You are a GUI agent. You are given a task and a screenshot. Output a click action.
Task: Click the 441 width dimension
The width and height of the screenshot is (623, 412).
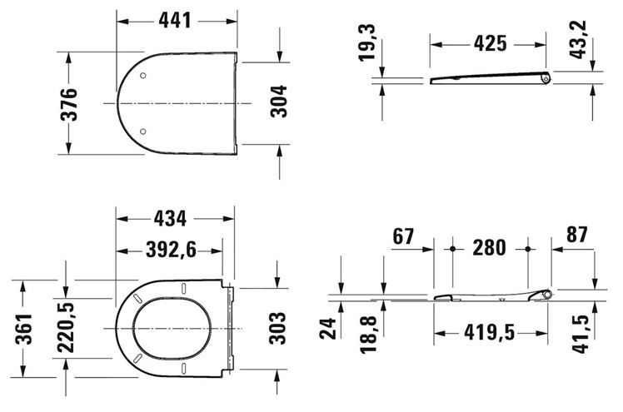[175, 20]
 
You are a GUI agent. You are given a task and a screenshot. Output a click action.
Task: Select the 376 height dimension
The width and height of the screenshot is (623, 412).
[69, 104]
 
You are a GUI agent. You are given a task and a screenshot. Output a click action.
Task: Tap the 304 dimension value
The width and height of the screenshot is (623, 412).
[278, 102]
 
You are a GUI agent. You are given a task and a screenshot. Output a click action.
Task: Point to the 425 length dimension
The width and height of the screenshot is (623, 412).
[491, 43]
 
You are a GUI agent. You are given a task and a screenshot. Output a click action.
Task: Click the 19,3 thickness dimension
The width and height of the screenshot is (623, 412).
[366, 42]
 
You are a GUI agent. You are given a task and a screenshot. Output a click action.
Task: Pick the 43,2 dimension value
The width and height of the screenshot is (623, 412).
[578, 40]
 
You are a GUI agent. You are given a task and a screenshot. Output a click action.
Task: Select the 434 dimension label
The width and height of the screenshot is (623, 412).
[170, 219]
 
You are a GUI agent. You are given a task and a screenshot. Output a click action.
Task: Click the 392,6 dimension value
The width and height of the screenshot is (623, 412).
[172, 250]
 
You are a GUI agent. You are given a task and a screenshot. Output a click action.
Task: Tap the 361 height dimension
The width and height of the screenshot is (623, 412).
[23, 329]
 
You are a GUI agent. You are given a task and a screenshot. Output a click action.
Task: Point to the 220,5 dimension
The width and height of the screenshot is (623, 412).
[66, 328]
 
